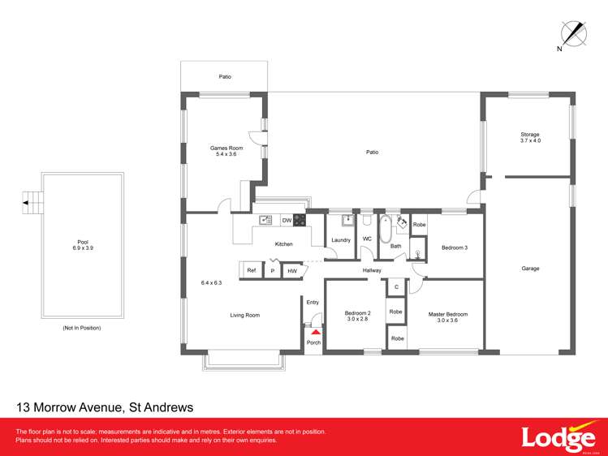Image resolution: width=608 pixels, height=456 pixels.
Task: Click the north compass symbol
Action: [574, 33]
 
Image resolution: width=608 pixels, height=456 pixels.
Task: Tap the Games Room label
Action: [226, 151]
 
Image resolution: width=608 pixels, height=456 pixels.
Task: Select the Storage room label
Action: [530, 137]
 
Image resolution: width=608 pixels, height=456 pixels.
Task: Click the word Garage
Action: [530, 269]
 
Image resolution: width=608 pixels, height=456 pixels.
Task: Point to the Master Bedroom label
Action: [448, 317]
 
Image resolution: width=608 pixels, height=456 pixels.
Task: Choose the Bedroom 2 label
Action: [357, 316]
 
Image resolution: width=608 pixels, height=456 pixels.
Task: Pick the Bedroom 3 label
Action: [455, 247]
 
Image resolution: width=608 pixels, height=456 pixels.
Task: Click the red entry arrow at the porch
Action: [315, 331]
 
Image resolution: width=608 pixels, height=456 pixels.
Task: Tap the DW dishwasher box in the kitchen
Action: [287, 220]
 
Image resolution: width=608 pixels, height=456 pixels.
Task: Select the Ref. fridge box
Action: [252, 270]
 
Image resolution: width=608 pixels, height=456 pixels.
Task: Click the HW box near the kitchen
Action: [292, 270]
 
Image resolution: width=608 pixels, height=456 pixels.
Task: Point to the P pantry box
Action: [273, 270]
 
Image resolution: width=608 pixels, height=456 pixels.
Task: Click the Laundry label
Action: [341, 239]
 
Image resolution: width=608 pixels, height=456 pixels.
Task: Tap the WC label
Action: [367, 239]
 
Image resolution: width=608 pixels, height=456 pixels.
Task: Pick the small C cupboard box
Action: [396, 286]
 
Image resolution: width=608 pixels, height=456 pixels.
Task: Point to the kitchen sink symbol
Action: [265, 220]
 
